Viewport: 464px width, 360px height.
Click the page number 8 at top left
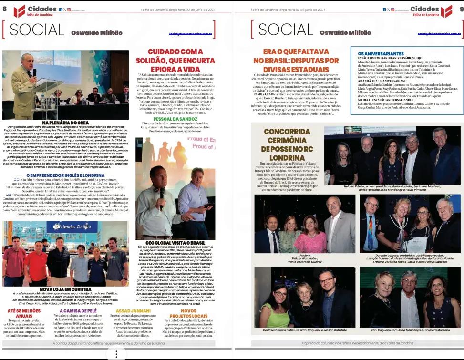4,9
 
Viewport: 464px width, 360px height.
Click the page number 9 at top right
460,9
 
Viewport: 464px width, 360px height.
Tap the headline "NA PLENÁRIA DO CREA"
65,123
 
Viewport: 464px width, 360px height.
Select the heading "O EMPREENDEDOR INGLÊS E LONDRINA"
65,175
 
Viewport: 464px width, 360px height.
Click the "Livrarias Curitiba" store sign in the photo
72,226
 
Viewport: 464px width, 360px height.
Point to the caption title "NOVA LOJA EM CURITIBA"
65,289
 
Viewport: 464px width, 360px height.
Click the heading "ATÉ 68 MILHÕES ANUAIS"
24,312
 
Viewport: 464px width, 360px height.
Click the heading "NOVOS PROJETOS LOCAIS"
188,313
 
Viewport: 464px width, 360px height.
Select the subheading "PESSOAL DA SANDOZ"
175,118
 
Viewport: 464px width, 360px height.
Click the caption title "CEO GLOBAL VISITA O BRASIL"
175,243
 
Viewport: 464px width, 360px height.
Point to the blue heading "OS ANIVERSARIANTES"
381,54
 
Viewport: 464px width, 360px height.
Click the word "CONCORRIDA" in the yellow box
287,132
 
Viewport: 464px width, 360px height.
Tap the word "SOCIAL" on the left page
36,30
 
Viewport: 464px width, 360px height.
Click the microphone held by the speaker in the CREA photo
34,73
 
